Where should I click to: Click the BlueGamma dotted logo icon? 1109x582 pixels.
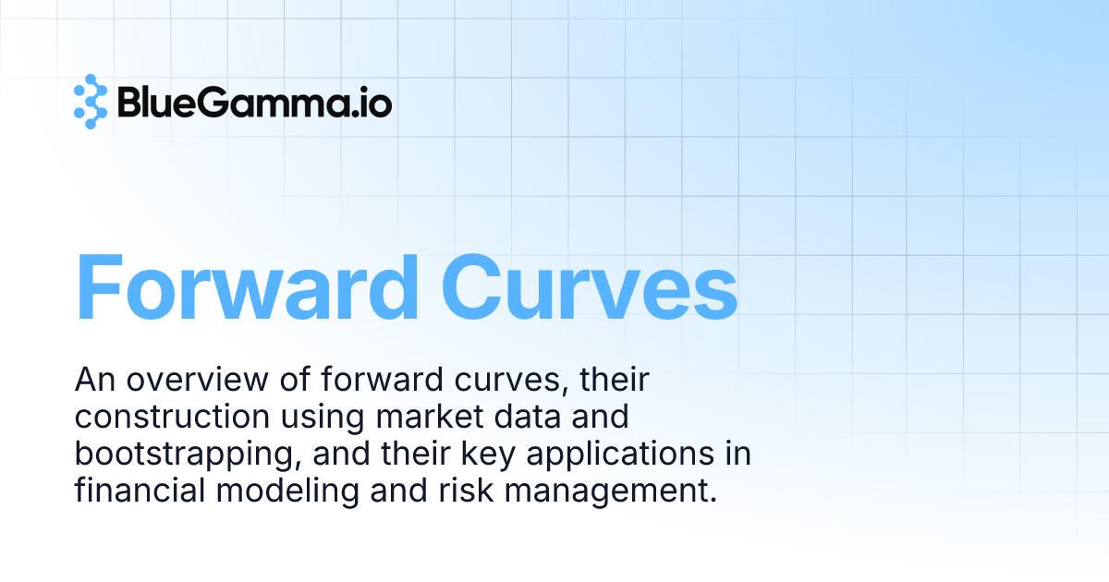[91, 101]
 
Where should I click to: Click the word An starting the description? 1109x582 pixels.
[92, 380]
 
